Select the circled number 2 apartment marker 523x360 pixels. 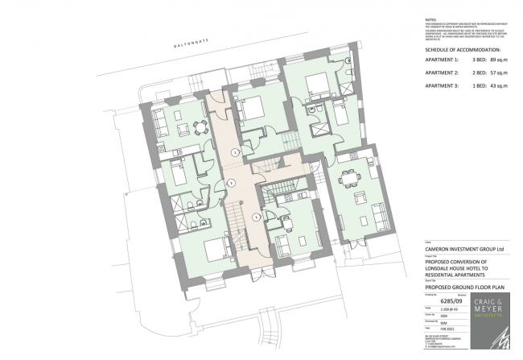(231, 184)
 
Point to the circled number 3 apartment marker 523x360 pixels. (256, 216)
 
